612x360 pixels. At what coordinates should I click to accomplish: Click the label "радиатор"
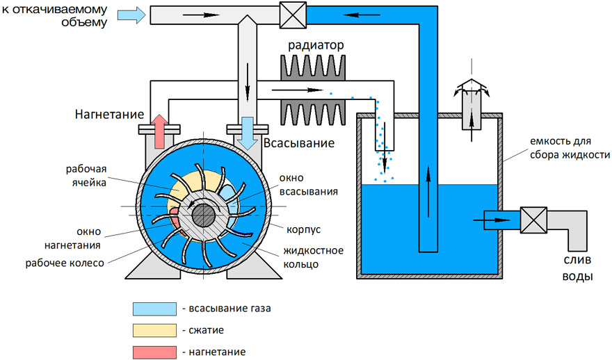point(316,45)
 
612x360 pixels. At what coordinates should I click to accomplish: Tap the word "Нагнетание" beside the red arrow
point(109,114)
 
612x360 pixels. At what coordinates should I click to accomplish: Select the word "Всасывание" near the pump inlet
point(299,143)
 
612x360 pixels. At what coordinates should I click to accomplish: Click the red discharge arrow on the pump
point(159,131)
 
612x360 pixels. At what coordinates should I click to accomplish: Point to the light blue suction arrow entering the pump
point(247,133)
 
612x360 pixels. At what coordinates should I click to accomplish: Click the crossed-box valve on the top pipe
point(293,15)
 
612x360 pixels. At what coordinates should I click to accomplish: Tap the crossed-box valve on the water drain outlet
point(533,220)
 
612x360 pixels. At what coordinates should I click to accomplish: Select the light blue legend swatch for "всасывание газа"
point(154,309)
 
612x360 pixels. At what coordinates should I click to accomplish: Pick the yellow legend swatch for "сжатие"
point(154,330)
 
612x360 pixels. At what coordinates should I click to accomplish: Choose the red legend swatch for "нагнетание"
point(154,352)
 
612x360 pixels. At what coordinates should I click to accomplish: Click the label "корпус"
point(304,229)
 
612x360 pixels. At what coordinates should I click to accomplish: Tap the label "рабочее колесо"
point(65,263)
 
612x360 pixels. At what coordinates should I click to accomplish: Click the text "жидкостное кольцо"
point(314,257)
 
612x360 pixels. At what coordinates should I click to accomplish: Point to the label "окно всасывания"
point(308,185)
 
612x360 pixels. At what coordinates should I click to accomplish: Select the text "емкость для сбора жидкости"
point(570,148)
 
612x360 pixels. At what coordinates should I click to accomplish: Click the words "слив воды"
point(577,268)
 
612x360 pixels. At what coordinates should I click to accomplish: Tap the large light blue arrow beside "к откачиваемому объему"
point(132,15)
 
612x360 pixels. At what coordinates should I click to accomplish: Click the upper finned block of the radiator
point(313,67)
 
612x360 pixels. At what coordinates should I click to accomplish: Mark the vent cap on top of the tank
point(472,87)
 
